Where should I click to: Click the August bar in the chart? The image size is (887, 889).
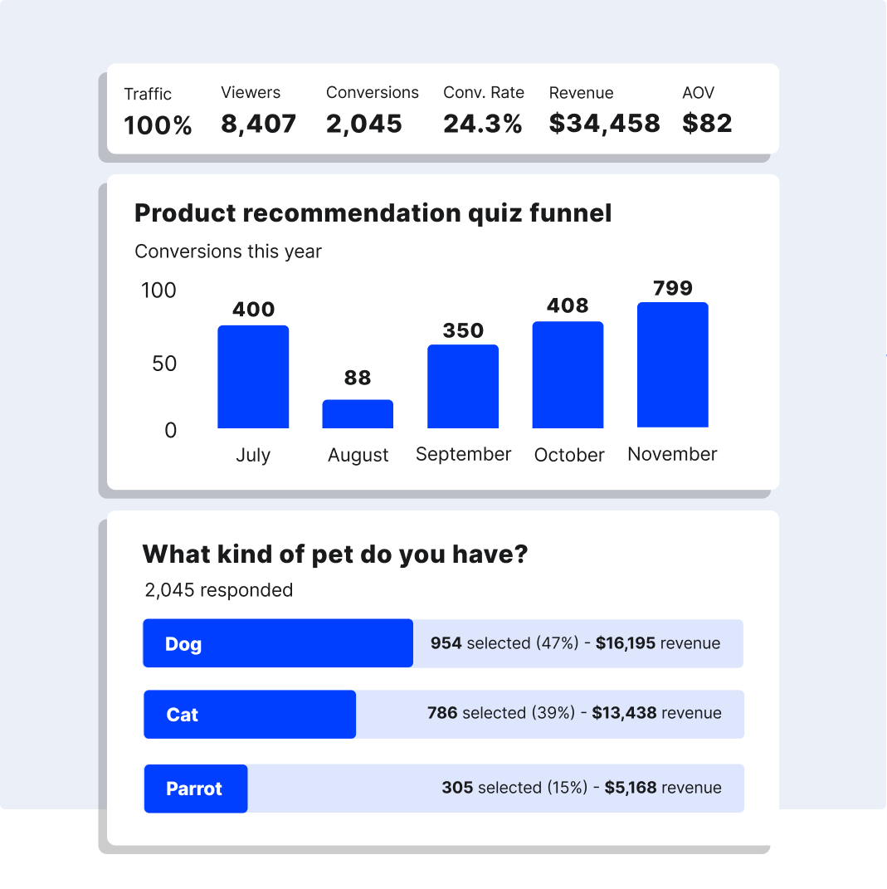[x=358, y=414]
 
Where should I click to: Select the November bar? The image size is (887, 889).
[x=672, y=365]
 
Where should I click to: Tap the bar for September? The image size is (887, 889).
[x=463, y=387]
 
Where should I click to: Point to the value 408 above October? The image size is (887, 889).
[x=568, y=305]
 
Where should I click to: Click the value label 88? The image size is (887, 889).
[x=358, y=378]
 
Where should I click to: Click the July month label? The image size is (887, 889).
[x=252, y=455]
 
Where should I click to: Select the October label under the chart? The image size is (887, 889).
[x=569, y=455]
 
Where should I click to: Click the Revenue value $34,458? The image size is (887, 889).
[x=604, y=124]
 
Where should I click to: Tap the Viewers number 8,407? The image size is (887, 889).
[x=258, y=124]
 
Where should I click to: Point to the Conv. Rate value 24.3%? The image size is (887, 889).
[x=482, y=124]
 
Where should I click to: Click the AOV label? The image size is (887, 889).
[x=698, y=93]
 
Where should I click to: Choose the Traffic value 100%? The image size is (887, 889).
[x=158, y=126]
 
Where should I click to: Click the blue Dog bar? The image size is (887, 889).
[x=277, y=643]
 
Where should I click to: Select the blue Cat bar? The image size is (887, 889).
[x=249, y=715]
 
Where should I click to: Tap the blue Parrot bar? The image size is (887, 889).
[x=195, y=789]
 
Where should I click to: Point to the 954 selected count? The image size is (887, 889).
[x=446, y=643]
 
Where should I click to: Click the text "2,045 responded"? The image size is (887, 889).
[x=218, y=590]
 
